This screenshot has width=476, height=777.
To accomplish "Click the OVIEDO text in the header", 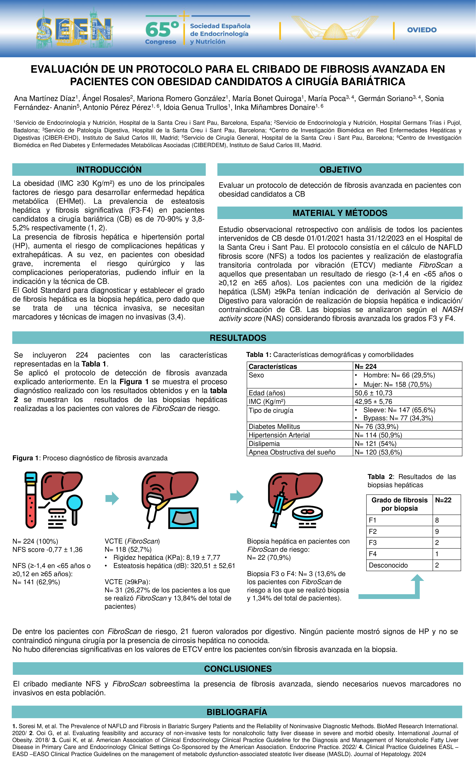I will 422,30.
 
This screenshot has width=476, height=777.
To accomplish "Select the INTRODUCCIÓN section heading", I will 109,170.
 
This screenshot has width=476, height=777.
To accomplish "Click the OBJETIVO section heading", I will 340,170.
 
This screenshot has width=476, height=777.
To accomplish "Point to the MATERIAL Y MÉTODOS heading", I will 340,213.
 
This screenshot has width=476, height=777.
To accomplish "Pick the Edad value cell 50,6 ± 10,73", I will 373,393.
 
